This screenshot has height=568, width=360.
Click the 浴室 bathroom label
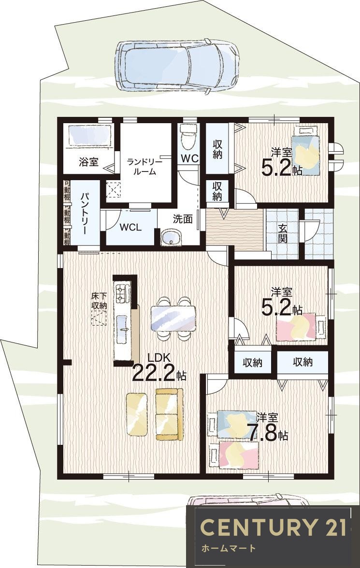point(88,161)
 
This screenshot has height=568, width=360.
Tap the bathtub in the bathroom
point(88,136)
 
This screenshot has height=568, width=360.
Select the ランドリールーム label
point(144,166)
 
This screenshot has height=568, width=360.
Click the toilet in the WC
point(188,137)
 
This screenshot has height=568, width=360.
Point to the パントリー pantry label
point(85,213)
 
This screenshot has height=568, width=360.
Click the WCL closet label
point(131,227)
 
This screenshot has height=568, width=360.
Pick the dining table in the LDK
point(173,318)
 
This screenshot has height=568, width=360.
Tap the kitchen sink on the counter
point(122,328)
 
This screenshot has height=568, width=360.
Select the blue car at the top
point(177,66)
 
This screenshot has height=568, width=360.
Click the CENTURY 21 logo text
point(274,526)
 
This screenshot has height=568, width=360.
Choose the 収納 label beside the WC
point(217,149)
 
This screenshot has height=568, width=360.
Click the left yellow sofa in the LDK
point(137,414)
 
